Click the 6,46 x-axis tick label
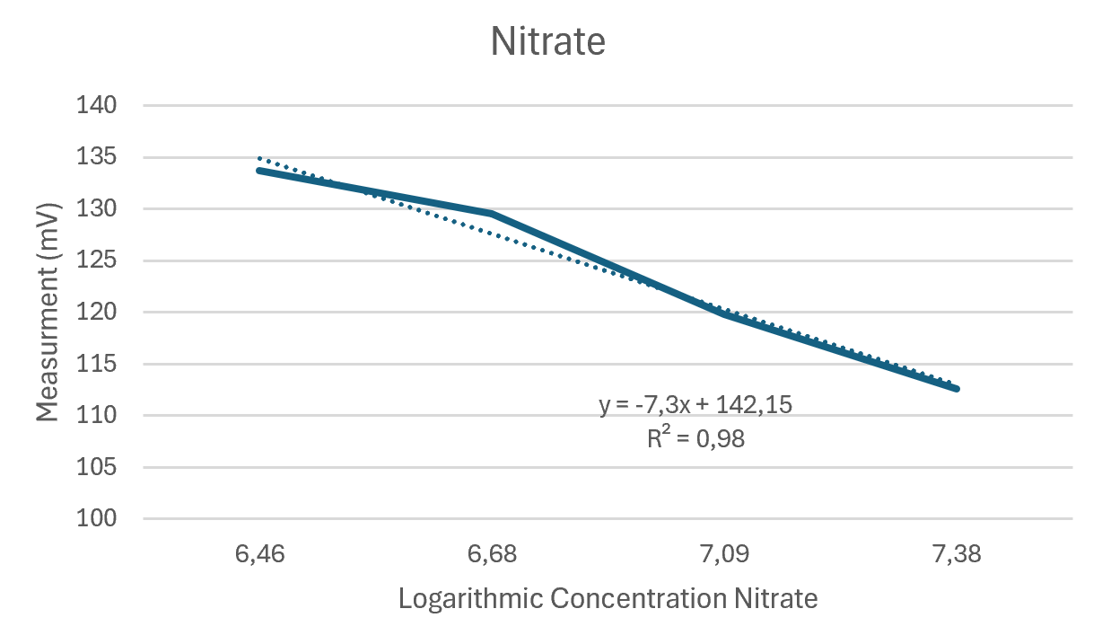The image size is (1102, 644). coord(259,554)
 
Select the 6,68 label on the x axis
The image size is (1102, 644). coord(492,554)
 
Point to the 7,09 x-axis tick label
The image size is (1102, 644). coord(724,554)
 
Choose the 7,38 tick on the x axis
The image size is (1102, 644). coord(957,554)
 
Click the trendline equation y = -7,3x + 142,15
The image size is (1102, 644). coord(695,405)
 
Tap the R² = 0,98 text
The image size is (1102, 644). coord(695,438)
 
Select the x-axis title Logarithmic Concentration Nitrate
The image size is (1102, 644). coord(608,599)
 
